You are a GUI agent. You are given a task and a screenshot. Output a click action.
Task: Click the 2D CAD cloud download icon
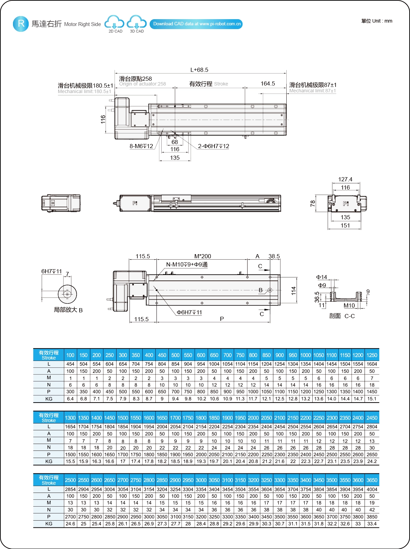[114, 23]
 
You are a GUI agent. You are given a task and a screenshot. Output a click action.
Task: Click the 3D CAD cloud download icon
[137, 23]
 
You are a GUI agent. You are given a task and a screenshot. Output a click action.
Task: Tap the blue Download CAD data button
[196, 24]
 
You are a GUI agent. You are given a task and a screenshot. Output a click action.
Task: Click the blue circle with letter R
[21, 24]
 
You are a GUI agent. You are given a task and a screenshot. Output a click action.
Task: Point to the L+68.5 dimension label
[199, 70]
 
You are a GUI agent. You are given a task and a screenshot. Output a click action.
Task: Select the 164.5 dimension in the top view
[268, 83]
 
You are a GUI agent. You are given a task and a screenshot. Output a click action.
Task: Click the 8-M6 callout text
[141, 146]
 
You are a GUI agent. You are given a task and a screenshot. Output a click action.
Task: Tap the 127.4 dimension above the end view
[345, 179]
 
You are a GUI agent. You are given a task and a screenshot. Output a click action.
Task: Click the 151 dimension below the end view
[345, 225]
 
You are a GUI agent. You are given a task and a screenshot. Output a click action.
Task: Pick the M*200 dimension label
[203, 256]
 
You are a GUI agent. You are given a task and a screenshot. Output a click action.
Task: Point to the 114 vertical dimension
[293, 291]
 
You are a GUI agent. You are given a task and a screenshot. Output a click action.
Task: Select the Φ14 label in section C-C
[322, 277]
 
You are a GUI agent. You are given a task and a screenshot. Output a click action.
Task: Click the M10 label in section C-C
[349, 305]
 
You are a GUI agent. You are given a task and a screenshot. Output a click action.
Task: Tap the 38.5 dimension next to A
[274, 256]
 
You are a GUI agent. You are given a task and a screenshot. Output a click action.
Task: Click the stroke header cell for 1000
[305, 355]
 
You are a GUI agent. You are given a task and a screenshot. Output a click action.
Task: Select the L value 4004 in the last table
[372, 489]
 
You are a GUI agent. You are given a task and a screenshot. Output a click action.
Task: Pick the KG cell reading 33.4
[372, 524]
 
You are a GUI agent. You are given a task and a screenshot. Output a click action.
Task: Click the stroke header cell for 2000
[253, 418]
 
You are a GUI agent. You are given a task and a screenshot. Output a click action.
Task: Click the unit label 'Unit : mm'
[377, 21]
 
